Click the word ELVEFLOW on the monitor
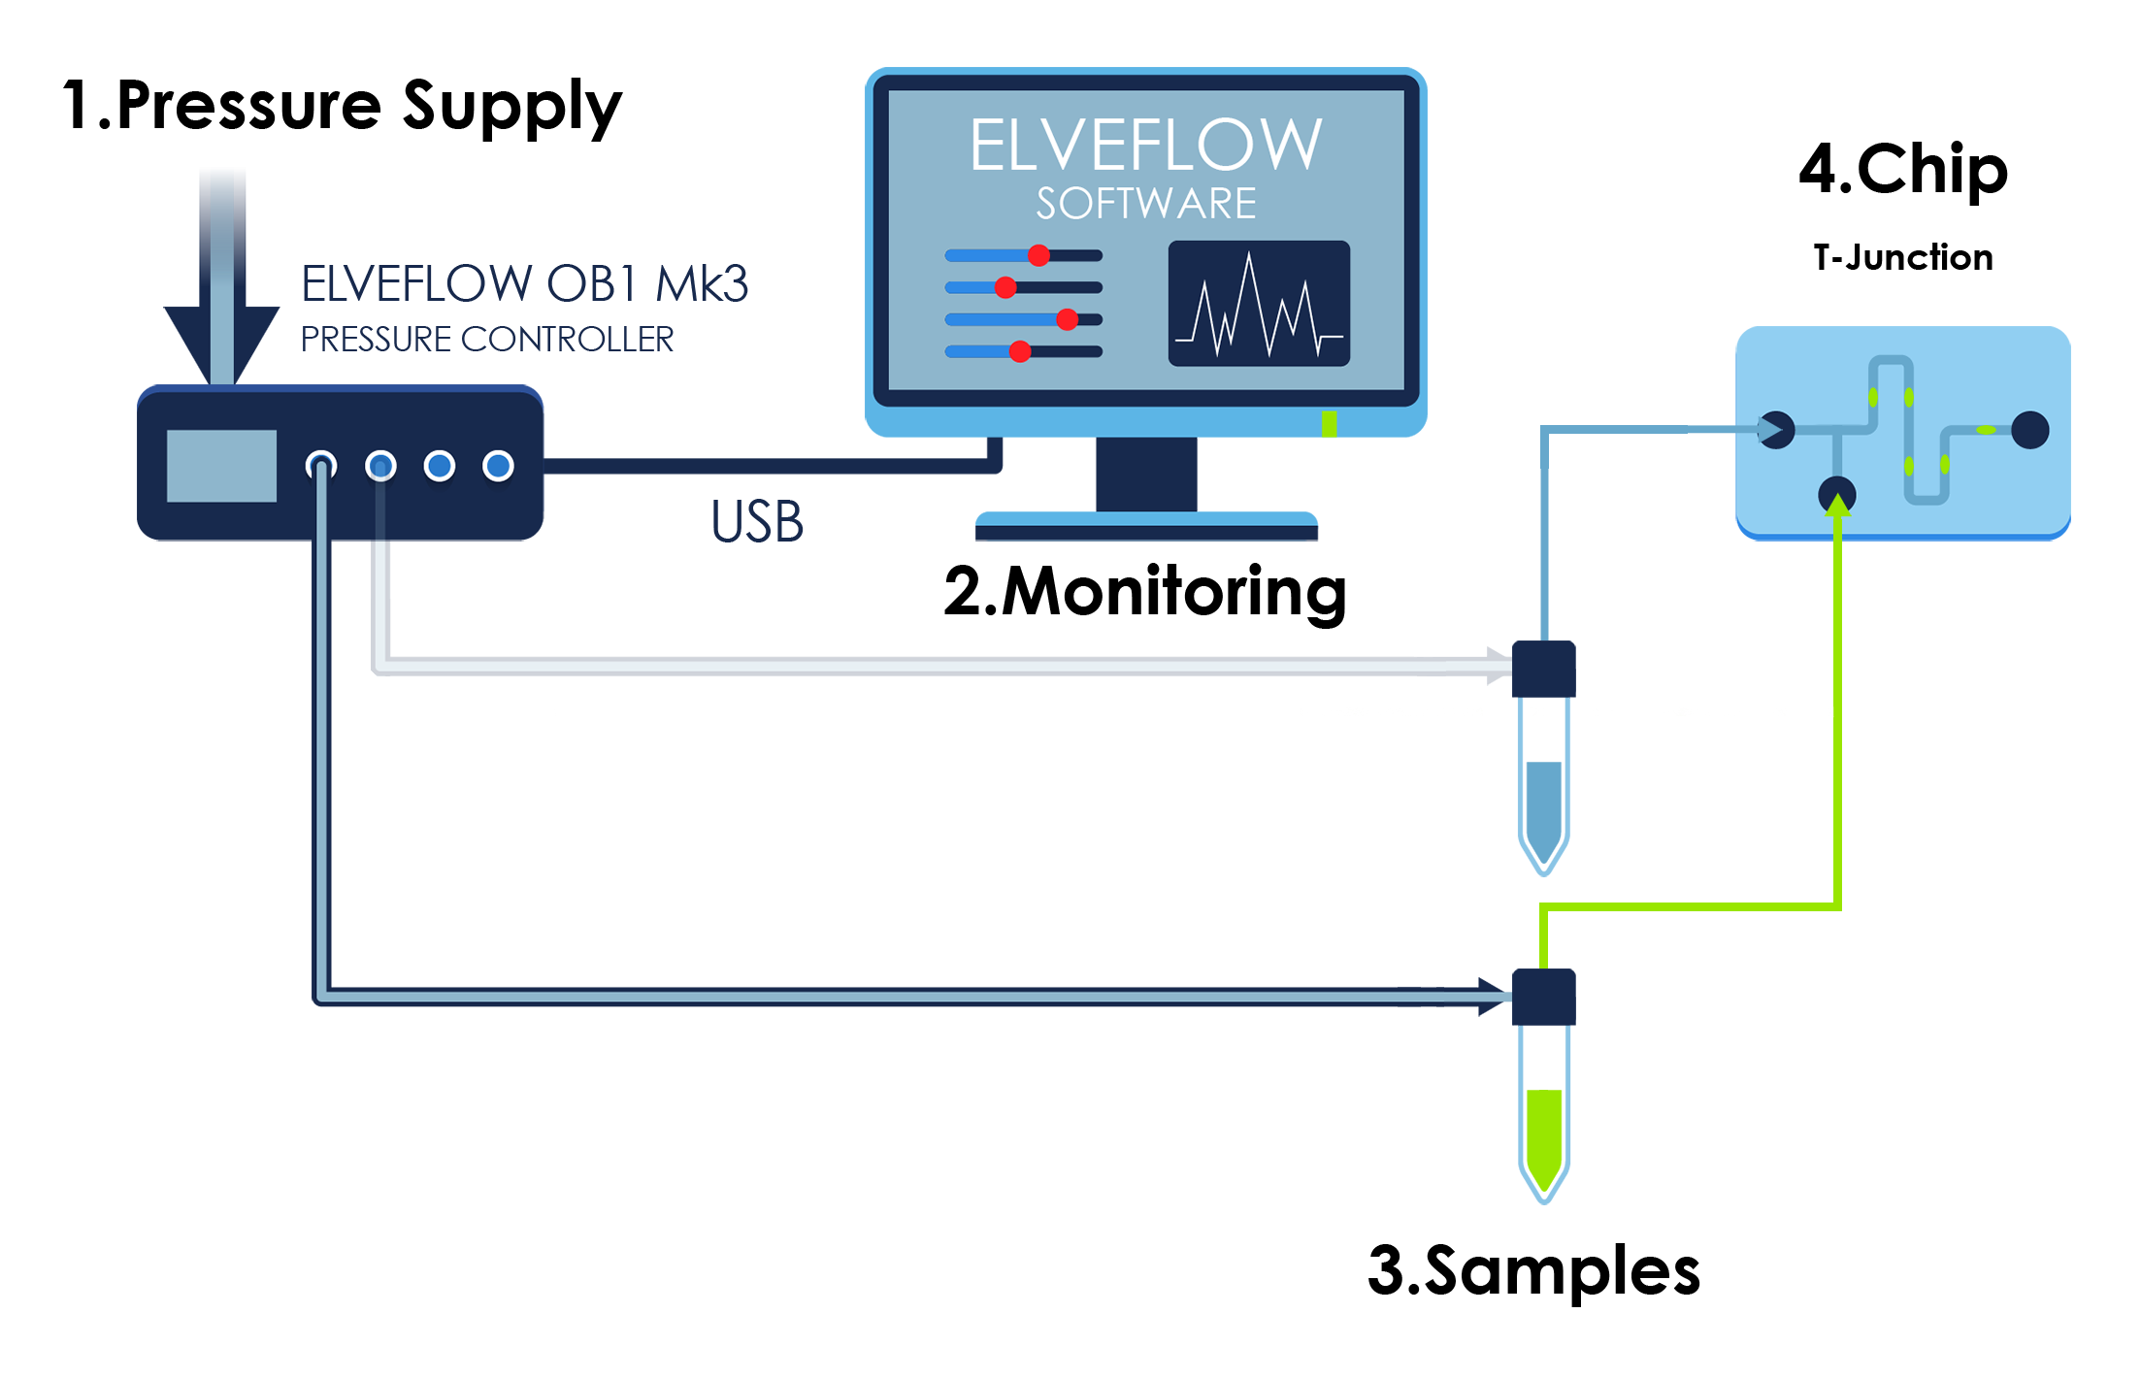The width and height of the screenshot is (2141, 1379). tap(1145, 146)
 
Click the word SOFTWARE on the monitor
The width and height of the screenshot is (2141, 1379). tap(1145, 204)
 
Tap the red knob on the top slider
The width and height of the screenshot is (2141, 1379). tap(1038, 255)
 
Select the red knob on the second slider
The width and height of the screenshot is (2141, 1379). tap(1005, 287)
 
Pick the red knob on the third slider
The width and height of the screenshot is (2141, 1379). tap(1067, 319)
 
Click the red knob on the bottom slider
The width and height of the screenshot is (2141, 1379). tap(1019, 351)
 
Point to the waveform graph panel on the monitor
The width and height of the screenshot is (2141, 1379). tap(1258, 304)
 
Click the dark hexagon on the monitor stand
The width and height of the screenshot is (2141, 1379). tap(1145, 474)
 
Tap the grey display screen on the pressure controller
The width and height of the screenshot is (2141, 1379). tap(221, 466)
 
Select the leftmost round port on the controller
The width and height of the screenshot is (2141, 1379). tap(321, 466)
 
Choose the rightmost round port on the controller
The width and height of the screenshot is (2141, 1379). tap(499, 466)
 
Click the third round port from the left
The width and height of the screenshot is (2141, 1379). tap(440, 466)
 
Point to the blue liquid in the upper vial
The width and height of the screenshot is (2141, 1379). tap(1543, 805)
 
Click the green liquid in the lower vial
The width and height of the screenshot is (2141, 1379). tap(1543, 1131)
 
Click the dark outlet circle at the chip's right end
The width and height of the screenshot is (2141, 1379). tap(2029, 430)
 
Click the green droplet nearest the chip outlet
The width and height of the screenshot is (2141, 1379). tap(1987, 430)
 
